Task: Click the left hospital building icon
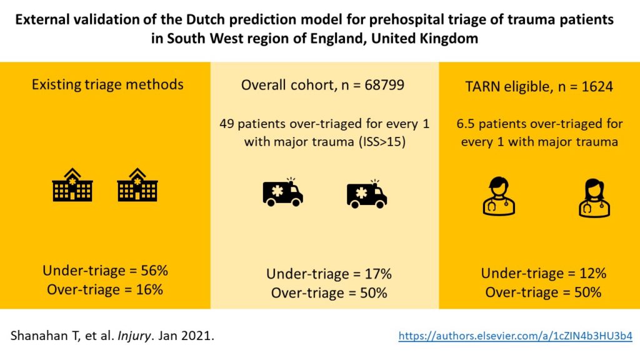72,186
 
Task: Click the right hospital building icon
137,186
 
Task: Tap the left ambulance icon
282,192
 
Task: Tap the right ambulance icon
367,194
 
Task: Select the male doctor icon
499,197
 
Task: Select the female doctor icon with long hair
594,198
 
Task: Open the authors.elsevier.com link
515,336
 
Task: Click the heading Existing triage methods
107,84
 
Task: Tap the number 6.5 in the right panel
467,124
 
